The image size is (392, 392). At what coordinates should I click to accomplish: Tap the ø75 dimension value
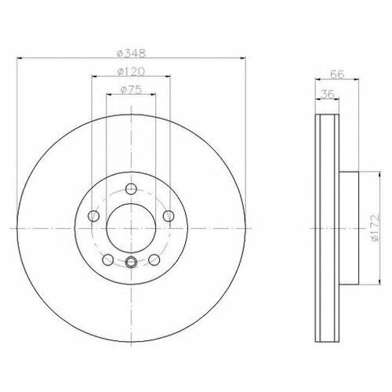coord(130,89)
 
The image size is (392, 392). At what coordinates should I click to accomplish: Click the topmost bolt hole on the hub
coord(131,188)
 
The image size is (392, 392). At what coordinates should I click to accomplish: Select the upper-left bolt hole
coord(94,216)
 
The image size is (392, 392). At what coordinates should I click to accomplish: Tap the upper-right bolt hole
coord(168,216)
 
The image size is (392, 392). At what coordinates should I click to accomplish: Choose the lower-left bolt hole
coord(108,259)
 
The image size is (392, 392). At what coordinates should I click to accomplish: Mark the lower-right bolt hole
coord(154,259)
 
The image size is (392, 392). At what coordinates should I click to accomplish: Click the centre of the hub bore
coord(131,227)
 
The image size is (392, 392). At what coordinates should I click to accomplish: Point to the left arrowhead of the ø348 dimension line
coord(20,60)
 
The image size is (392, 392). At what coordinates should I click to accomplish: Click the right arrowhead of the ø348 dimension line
coord(243,60)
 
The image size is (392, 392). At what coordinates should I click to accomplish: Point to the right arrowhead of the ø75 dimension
coord(153,96)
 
